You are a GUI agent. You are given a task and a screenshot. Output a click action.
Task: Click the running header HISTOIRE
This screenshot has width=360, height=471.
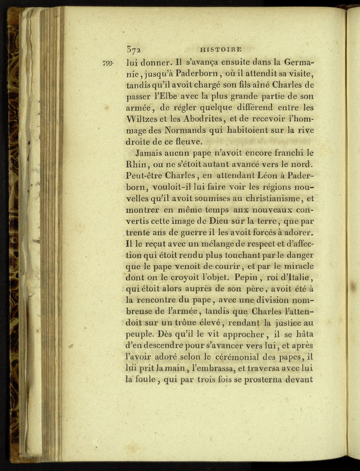pyautogui.click(x=220, y=50)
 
